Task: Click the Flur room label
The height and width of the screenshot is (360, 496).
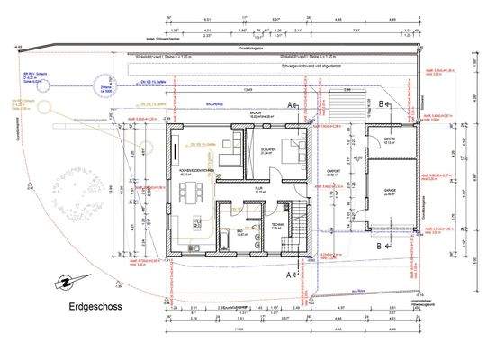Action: [258, 190]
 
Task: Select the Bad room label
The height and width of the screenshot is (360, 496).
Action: [240, 231]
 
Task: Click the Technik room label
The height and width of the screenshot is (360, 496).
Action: [279, 227]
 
